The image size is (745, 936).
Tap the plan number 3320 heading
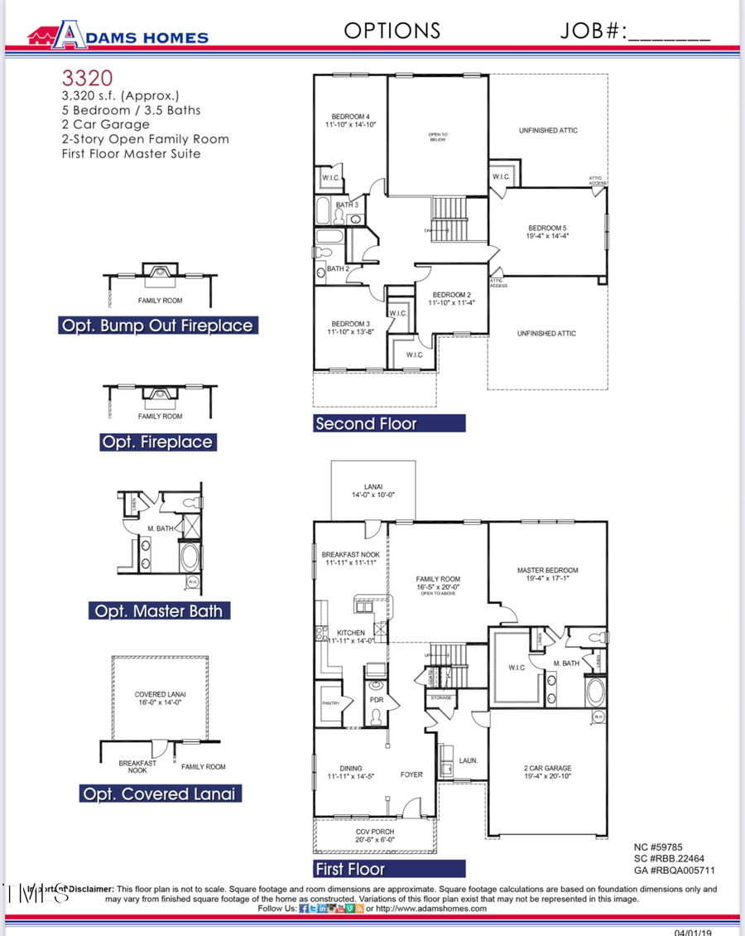tap(86, 79)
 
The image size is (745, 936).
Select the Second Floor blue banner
tap(389, 423)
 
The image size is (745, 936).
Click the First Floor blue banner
tap(389, 869)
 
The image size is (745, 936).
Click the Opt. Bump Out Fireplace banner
tap(156, 326)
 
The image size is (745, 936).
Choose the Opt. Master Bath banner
tap(158, 611)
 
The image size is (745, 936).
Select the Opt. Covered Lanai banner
tap(158, 794)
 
